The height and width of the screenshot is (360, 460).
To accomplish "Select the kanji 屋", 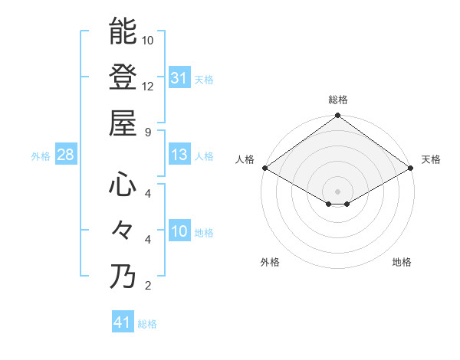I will click(123, 123).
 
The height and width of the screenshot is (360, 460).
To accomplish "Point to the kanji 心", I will click(123, 185).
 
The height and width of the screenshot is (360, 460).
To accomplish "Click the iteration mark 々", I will click(123, 231).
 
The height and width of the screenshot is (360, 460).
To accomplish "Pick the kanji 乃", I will click(123, 277).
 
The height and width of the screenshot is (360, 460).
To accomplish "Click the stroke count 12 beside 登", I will click(148, 86).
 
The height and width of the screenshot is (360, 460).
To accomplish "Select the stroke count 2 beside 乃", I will click(148, 286).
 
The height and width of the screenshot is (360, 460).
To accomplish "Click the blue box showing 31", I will click(179, 77).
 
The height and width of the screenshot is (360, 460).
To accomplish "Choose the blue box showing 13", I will click(179, 155).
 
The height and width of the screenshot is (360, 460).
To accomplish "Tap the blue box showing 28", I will click(66, 155).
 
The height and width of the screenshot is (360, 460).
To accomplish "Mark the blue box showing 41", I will click(123, 322).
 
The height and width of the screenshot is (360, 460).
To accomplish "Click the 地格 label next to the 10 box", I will click(204, 233).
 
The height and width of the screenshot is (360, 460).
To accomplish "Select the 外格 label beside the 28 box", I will click(41, 156).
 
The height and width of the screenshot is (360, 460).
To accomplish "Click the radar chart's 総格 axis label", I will click(338, 100).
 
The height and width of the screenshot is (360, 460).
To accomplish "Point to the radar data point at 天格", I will click(411, 168).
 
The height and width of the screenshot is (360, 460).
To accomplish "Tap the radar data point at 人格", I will click(264, 168).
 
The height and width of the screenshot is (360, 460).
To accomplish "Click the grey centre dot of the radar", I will click(338, 191).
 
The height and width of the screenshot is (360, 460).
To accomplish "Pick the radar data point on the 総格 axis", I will click(338, 116).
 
